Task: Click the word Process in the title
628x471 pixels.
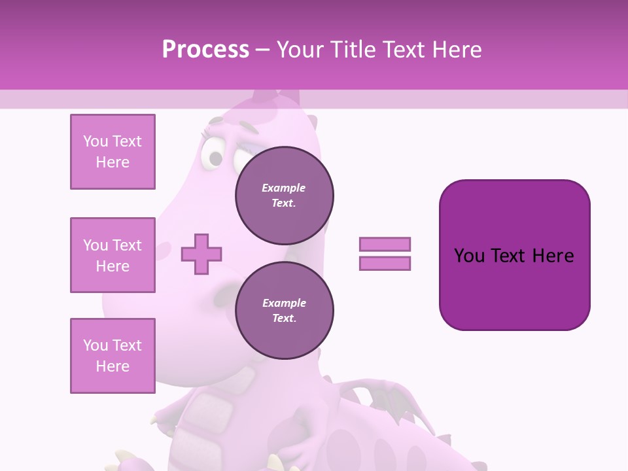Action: click(205, 50)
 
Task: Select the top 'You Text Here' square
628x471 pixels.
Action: click(113, 152)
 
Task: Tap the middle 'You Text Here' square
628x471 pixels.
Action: click(113, 255)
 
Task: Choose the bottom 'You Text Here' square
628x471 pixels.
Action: click(113, 356)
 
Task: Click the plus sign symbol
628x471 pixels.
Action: click(201, 254)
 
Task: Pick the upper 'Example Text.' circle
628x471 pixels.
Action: click(284, 196)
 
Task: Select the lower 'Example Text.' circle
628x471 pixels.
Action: click(284, 311)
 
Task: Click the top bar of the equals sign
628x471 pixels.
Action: click(385, 244)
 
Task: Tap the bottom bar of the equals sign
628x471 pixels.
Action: click(385, 263)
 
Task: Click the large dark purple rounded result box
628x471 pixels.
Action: click(514, 254)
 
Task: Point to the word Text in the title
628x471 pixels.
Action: click(404, 50)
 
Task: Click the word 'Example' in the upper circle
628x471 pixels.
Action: click(284, 188)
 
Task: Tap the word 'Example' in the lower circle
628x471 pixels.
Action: click(284, 303)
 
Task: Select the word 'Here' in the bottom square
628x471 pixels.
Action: click(113, 366)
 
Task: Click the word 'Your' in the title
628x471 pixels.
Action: click(300, 50)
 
